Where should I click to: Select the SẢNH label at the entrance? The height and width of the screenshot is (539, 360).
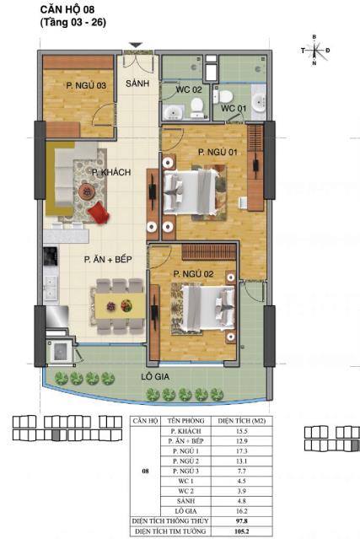[137, 84]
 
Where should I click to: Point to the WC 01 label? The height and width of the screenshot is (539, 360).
[234, 108]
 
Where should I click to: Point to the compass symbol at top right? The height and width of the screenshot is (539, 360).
[314, 51]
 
